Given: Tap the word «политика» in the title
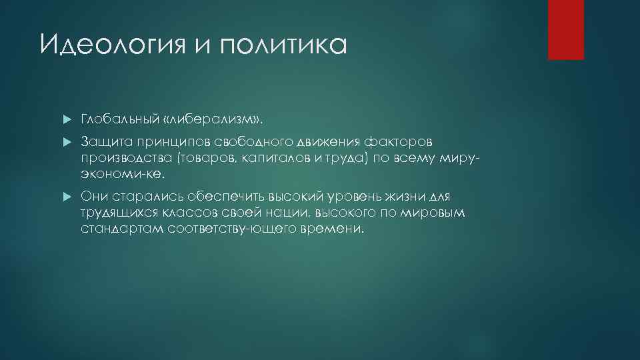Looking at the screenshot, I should pos(289,45).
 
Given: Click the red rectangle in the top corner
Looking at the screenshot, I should pos(565,30).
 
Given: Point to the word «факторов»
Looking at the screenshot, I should pos(403,142).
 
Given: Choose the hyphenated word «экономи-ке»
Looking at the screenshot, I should pos(121,173).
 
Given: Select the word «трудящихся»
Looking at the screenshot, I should pos(116,213).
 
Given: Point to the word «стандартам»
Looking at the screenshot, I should pos(117,229).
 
